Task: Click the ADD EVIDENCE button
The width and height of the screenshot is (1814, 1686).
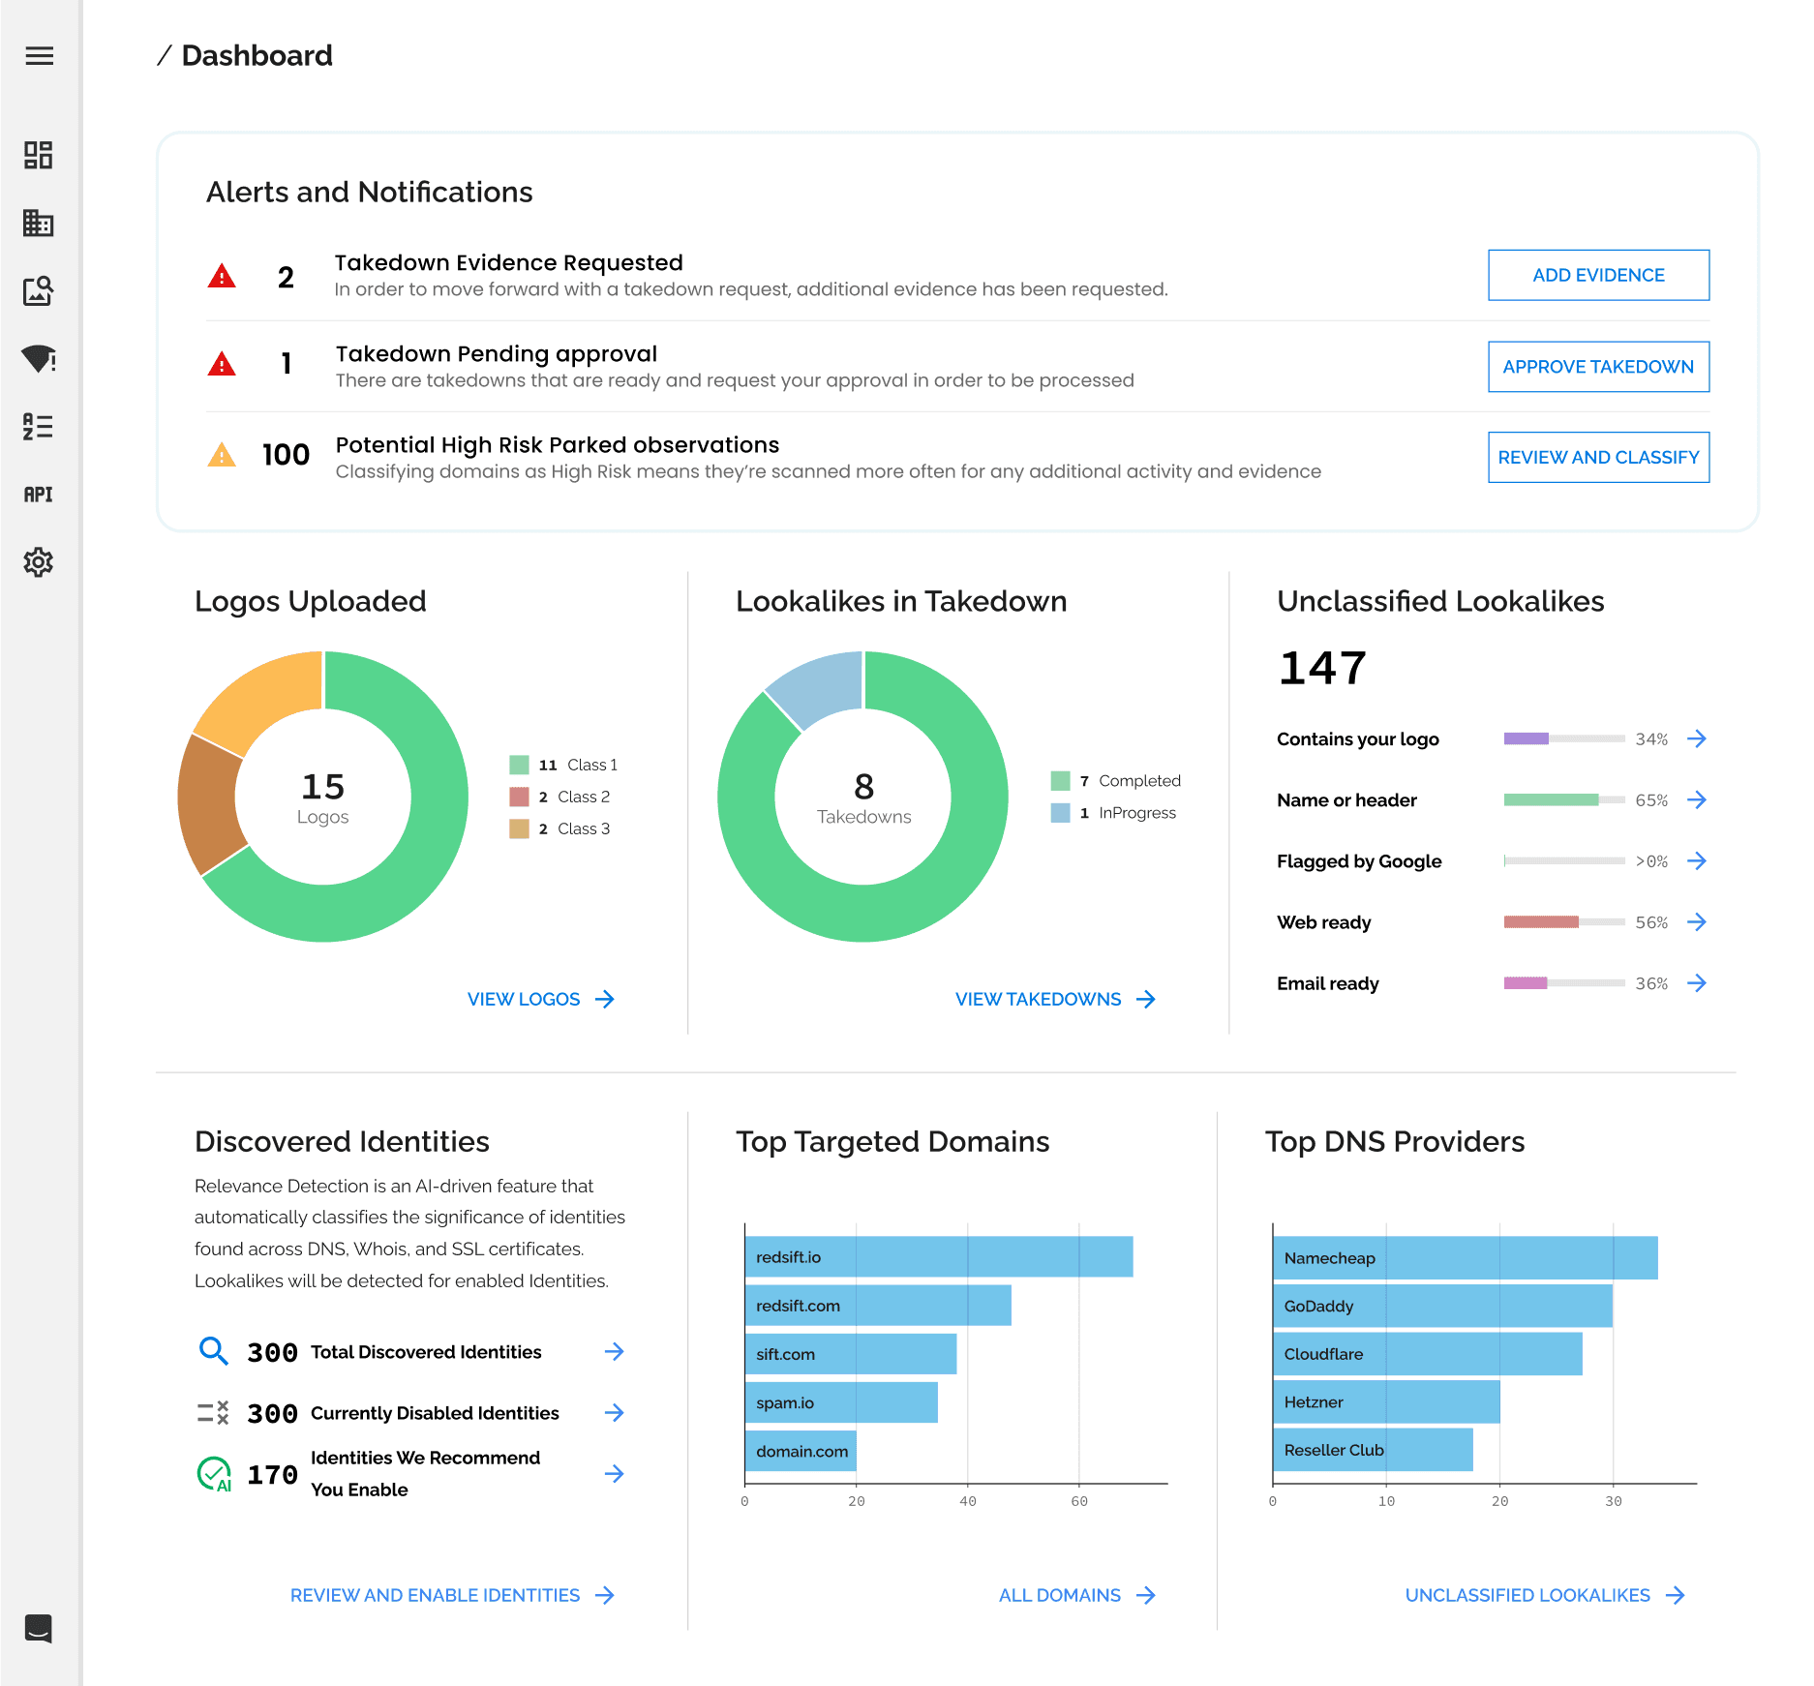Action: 1597,275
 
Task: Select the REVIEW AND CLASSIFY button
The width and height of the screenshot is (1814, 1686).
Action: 1597,457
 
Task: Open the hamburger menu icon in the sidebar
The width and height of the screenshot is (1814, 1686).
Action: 39,56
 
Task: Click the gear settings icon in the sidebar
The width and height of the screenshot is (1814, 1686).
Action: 39,562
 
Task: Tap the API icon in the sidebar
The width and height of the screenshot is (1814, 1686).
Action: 39,495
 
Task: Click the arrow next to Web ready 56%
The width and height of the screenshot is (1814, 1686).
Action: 1696,922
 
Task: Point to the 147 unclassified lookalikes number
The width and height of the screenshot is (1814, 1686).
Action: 1321,668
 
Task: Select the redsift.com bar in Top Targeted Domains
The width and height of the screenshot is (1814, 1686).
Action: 877,1306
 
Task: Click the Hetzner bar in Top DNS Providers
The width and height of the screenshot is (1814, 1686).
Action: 1385,1401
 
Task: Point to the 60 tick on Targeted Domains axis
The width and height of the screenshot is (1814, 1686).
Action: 1079,1501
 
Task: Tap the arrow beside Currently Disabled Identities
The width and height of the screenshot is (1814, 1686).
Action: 614,1413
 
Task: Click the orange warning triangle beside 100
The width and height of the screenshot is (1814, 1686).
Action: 222,455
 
